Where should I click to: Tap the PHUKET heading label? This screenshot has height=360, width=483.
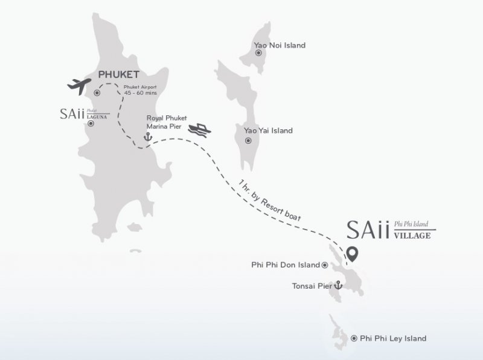(119, 75)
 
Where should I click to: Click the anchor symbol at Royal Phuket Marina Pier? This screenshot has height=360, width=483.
(146, 138)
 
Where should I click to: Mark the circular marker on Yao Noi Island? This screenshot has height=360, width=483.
(258, 53)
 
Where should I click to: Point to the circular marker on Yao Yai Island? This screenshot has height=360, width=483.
(248, 141)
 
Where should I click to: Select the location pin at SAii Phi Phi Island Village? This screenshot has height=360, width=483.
(350, 254)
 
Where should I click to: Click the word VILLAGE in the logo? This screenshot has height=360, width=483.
(412, 236)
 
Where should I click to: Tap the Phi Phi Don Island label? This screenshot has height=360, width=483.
(285, 265)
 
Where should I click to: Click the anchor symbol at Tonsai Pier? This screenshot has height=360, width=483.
(339, 285)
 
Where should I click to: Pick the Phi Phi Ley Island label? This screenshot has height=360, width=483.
(392, 338)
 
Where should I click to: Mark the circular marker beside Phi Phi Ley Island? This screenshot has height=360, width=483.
(353, 338)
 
